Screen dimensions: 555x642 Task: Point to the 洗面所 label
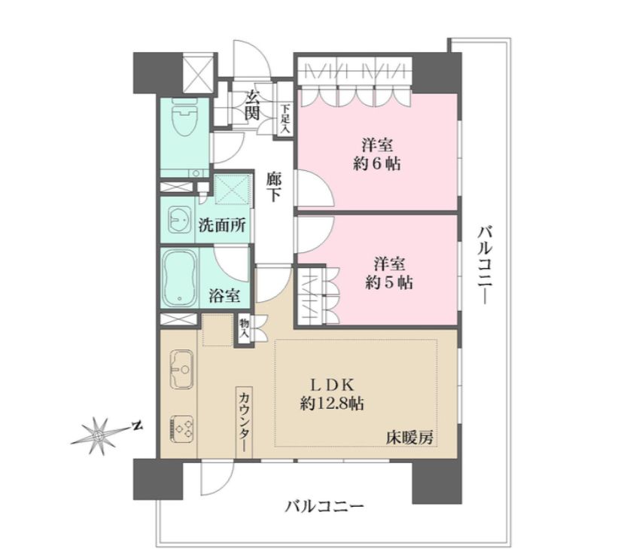(x=221, y=224)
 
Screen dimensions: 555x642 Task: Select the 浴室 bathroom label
(x=224, y=297)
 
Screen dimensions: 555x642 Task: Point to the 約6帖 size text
(x=376, y=164)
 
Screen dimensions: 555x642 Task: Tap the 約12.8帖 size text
(x=331, y=404)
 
